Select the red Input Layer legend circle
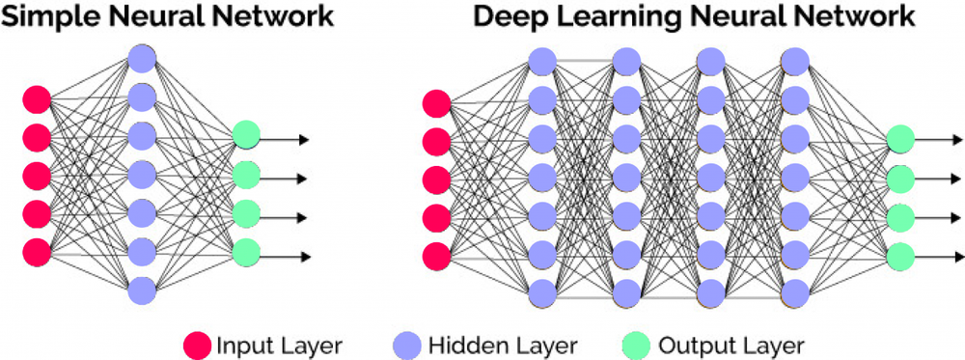tap(197, 344)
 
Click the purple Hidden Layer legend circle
tap(405, 344)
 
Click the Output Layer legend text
tap(730, 344)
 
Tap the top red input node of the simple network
tap(37, 98)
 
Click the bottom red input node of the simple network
tap(37, 250)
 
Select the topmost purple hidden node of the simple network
tap(142, 59)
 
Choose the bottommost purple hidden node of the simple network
tap(142, 289)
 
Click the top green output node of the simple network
tap(245, 135)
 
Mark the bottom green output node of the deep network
tap(900, 255)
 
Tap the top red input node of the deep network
tap(437, 101)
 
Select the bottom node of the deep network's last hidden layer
tap(794, 291)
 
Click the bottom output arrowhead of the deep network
tap(954, 256)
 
